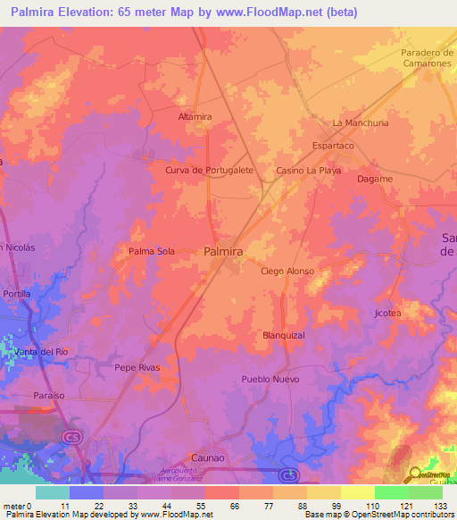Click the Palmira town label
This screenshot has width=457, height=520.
click(x=223, y=252)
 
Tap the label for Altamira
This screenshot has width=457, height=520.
click(x=195, y=117)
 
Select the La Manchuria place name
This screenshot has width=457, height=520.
click(x=360, y=122)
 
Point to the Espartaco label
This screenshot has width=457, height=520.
click(x=333, y=145)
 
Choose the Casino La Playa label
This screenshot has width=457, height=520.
click(x=308, y=170)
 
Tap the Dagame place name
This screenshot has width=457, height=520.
click(x=374, y=179)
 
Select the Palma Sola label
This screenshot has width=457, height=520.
click(x=152, y=251)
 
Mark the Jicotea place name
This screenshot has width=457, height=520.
click(x=387, y=314)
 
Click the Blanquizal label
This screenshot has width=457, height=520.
click(x=284, y=335)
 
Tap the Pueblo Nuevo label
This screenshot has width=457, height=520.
click(x=268, y=379)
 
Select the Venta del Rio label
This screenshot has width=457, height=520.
click(x=41, y=352)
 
